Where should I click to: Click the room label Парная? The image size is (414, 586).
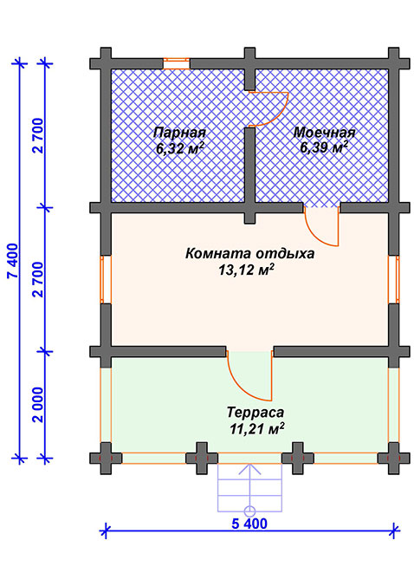click(179, 133)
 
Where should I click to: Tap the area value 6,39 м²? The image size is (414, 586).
click(324, 147)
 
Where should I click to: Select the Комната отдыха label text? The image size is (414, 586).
click(249, 254)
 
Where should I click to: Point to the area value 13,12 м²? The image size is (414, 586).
click(245, 270)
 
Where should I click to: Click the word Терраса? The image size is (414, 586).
click(256, 413)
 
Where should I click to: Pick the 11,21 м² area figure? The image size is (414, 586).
click(257, 428)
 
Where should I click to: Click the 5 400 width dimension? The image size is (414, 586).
click(249, 524)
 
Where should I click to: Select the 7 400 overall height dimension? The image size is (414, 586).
click(13, 260)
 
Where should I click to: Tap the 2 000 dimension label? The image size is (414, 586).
click(38, 404)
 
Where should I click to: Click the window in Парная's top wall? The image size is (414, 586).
click(177, 63)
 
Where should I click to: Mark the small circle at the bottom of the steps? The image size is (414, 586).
click(249, 510)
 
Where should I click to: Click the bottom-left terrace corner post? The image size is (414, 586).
click(106, 459)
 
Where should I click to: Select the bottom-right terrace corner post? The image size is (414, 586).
click(394, 459)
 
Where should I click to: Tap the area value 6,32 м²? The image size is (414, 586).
click(180, 149)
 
